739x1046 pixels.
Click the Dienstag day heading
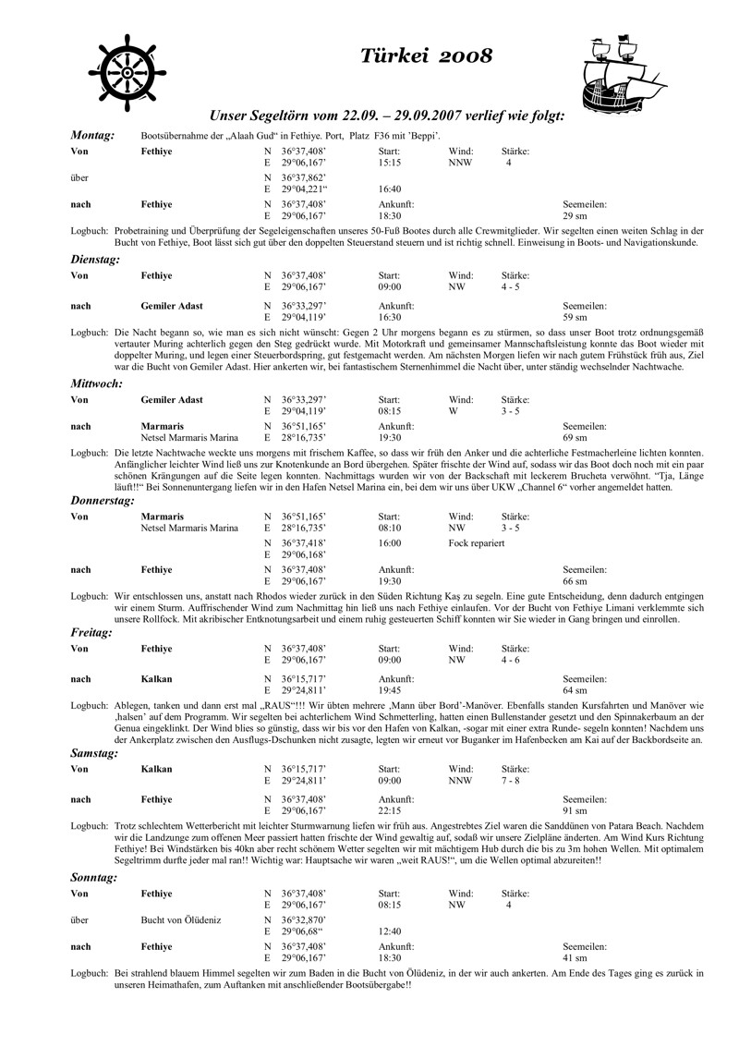[95, 260]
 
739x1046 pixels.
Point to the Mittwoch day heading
[97, 383]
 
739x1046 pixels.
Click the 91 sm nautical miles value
[575, 810]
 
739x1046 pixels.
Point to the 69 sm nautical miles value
[575, 436]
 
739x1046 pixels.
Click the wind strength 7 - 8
[510, 780]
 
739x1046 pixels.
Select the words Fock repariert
[476, 542]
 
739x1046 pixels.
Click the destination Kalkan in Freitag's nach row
[156, 678]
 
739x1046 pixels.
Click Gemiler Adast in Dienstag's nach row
[172, 305]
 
